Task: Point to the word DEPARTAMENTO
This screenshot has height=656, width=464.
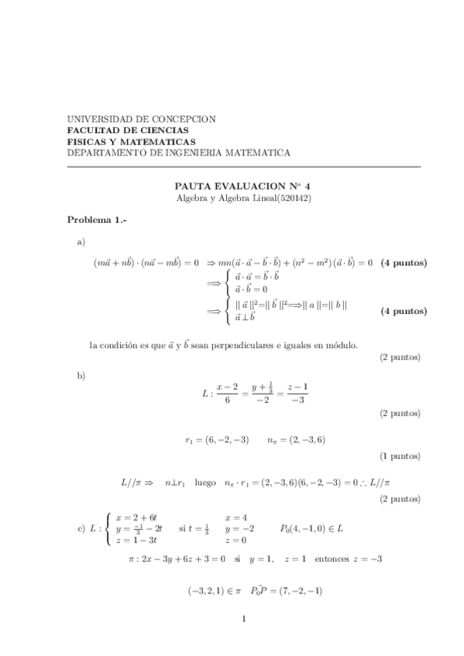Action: [x=105, y=153]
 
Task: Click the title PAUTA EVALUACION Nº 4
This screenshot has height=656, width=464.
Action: [x=242, y=186]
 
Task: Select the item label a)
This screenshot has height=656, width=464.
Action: [x=81, y=243]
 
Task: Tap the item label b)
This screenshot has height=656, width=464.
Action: [x=81, y=375]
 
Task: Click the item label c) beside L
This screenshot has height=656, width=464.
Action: [x=81, y=529]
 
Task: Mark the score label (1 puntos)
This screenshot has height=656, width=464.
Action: [x=400, y=456]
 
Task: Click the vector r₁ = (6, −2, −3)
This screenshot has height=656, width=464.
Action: [x=217, y=440]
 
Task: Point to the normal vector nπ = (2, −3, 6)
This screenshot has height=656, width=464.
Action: [x=296, y=440]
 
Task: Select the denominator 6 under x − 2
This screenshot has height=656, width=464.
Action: [x=227, y=400]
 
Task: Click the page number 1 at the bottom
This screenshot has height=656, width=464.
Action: [x=242, y=618]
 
